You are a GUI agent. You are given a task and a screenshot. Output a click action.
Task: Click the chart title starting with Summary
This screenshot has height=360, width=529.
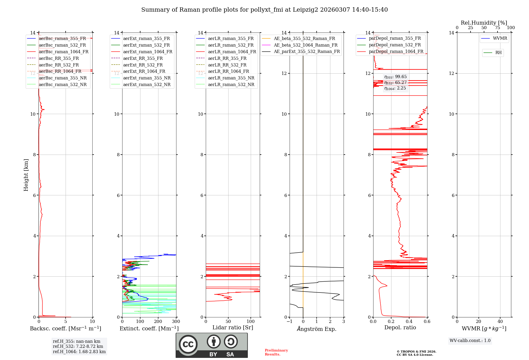[x=264, y=10]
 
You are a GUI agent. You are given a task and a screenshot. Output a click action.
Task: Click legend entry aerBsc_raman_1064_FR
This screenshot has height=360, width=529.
[x=63, y=52]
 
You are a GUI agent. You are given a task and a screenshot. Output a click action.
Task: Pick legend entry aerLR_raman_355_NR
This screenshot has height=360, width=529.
[x=231, y=78]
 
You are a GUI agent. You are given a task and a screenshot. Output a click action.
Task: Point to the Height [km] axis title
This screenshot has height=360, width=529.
[x=26, y=175]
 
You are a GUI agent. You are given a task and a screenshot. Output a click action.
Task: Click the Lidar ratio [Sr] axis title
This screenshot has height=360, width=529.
[x=233, y=327]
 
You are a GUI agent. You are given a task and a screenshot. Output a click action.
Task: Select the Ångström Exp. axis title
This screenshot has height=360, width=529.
[x=317, y=329]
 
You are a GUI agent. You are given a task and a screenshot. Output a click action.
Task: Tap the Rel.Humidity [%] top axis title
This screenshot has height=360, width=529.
[x=484, y=23]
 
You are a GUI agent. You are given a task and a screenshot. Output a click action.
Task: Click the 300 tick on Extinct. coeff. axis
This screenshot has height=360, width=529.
[x=176, y=322]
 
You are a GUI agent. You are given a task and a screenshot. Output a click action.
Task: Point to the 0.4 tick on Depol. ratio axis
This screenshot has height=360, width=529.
[x=409, y=322]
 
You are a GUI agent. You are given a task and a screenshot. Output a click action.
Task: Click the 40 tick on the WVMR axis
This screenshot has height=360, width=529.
[x=500, y=322]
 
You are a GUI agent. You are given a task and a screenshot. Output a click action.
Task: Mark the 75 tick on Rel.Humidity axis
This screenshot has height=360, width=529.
[x=498, y=28]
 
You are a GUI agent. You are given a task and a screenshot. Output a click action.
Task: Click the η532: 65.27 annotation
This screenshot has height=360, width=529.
[x=395, y=83]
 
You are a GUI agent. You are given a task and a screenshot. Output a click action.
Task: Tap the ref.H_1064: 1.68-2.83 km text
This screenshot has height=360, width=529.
[x=79, y=352]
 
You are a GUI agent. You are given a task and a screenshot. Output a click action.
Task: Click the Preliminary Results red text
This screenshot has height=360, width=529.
[x=276, y=352]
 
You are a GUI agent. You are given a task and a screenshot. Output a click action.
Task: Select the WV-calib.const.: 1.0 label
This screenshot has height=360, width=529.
[x=470, y=341]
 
